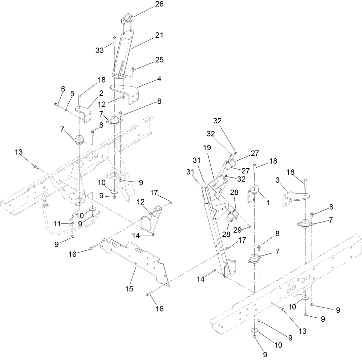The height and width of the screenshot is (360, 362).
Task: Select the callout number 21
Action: (x=159, y=35)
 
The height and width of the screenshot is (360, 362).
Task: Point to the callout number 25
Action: (x=159, y=60)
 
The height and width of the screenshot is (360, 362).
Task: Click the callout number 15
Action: (x=129, y=289)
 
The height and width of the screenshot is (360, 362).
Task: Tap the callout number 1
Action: (x=268, y=203)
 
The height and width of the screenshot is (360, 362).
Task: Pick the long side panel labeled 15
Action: (x=135, y=259)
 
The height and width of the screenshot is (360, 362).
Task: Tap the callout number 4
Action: (x=159, y=79)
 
